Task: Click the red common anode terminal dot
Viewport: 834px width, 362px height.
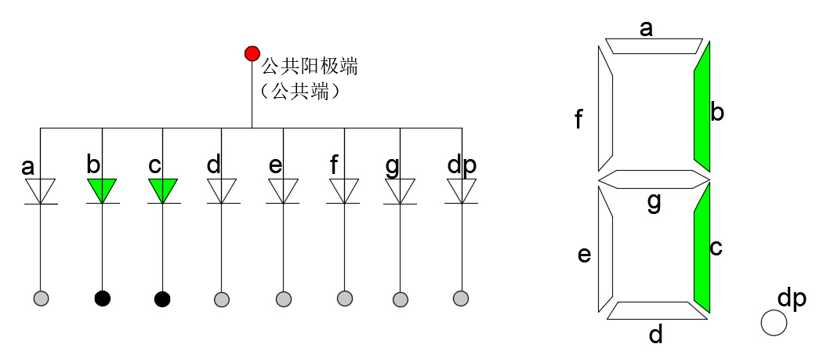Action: [x=252, y=53]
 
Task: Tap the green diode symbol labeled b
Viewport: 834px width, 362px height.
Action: [x=102, y=190]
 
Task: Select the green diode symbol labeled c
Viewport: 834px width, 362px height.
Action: [x=162, y=190]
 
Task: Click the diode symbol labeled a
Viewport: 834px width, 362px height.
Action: [x=41, y=190]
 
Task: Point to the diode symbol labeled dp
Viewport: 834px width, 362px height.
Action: [x=462, y=190]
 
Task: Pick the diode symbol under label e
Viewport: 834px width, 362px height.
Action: [x=283, y=190]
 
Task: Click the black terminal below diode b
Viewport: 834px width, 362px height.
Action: [x=102, y=299]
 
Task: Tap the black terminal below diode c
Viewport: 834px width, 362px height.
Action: [x=162, y=299]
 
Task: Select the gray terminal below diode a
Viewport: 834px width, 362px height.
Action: [x=42, y=298]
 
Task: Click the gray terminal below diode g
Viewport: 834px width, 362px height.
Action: [x=401, y=299]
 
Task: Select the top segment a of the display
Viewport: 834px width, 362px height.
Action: [x=653, y=45]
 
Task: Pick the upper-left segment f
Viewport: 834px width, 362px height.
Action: [x=604, y=110]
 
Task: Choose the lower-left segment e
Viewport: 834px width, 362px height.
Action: [x=604, y=249]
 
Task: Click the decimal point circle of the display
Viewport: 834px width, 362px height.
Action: [x=774, y=323]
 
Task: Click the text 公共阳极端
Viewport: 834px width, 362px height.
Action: [x=309, y=67]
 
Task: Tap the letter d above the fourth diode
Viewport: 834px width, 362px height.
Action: [x=214, y=165]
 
